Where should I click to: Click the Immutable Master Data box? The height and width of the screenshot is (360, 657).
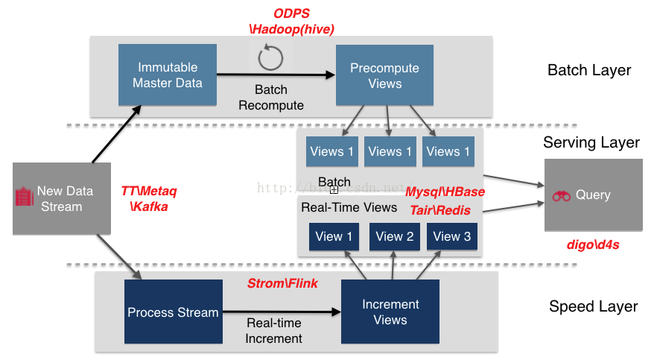[168, 75]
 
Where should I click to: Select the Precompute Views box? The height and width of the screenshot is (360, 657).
[384, 75]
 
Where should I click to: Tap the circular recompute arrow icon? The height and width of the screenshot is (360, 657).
[270, 58]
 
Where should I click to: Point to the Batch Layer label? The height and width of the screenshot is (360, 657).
[589, 71]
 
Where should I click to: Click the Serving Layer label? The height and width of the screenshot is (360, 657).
[591, 142]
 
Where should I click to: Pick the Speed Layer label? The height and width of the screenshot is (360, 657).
[593, 306]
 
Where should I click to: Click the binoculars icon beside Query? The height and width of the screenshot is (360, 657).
[561, 195]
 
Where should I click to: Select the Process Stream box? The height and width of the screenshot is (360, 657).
[173, 312]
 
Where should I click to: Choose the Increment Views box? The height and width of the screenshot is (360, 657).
[390, 312]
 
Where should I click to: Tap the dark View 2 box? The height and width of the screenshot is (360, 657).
[395, 236]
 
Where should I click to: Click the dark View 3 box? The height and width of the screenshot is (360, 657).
[452, 236]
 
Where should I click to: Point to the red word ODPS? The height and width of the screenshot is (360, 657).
[292, 13]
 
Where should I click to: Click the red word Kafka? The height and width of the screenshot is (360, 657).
[149, 206]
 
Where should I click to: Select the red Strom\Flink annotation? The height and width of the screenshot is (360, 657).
[282, 283]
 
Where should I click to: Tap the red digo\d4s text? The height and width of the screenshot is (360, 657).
[593, 244]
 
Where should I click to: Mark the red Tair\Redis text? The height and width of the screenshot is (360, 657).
[440, 210]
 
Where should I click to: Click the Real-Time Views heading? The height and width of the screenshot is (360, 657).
[339, 207]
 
